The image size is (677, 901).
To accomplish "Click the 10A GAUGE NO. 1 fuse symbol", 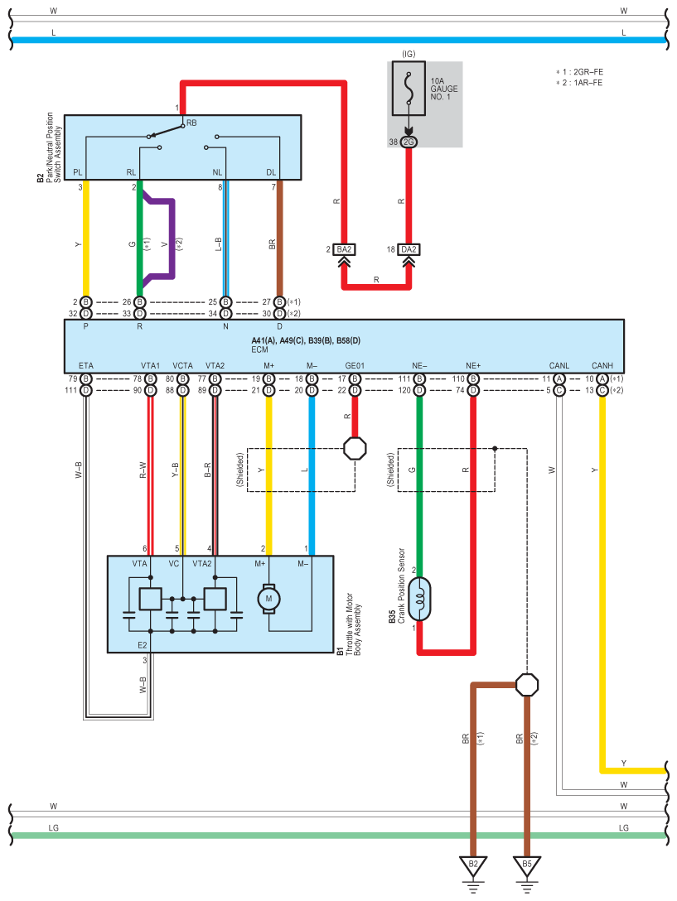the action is click(409, 89).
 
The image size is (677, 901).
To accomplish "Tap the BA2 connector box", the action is click(344, 249).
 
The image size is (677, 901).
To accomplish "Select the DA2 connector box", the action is click(409, 249).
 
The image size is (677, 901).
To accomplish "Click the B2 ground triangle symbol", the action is click(473, 865).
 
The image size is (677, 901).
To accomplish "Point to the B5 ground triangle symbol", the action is click(527, 865).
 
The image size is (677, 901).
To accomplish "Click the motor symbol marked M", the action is click(268, 599).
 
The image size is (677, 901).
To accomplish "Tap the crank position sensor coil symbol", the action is click(419, 599).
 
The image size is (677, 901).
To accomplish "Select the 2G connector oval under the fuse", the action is click(409, 142).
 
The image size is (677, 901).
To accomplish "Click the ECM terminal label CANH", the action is click(602, 365).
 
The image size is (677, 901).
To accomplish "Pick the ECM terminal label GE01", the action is click(355, 365).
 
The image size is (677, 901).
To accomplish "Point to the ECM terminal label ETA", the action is click(85, 365).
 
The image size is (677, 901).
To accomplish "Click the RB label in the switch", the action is click(191, 123).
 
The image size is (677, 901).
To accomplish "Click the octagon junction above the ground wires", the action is click(527, 685).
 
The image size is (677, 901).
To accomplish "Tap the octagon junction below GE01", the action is click(355, 448).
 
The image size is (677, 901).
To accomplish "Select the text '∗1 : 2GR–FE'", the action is click(580, 72).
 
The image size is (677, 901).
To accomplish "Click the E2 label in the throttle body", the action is click(142, 645).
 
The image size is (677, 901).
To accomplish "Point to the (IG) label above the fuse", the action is click(409, 54).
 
